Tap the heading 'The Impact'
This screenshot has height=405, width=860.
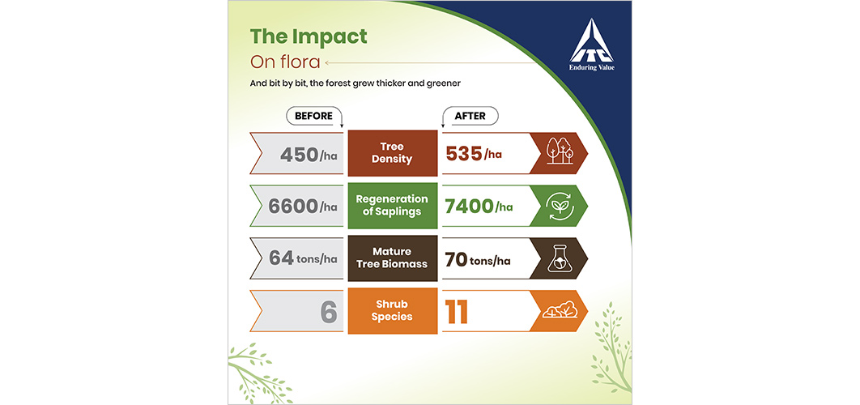tap(309, 36)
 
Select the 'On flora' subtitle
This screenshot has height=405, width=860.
tap(285, 62)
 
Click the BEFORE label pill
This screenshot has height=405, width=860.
tap(313, 116)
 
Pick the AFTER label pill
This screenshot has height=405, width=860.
tap(469, 116)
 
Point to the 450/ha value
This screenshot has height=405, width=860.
tap(309, 155)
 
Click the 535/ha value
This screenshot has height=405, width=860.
tap(474, 154)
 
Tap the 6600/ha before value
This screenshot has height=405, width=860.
tap(303, 207)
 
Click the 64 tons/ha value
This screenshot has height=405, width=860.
tap(303, 258)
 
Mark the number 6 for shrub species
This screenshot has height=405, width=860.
tap(329, 312)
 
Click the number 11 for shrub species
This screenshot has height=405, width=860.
tap(457, 311)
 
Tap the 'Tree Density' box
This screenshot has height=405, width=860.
tap(392, 153)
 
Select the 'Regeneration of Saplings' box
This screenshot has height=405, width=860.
tap(392, 205)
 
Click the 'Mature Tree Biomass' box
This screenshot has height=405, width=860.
tap(392, 258)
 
